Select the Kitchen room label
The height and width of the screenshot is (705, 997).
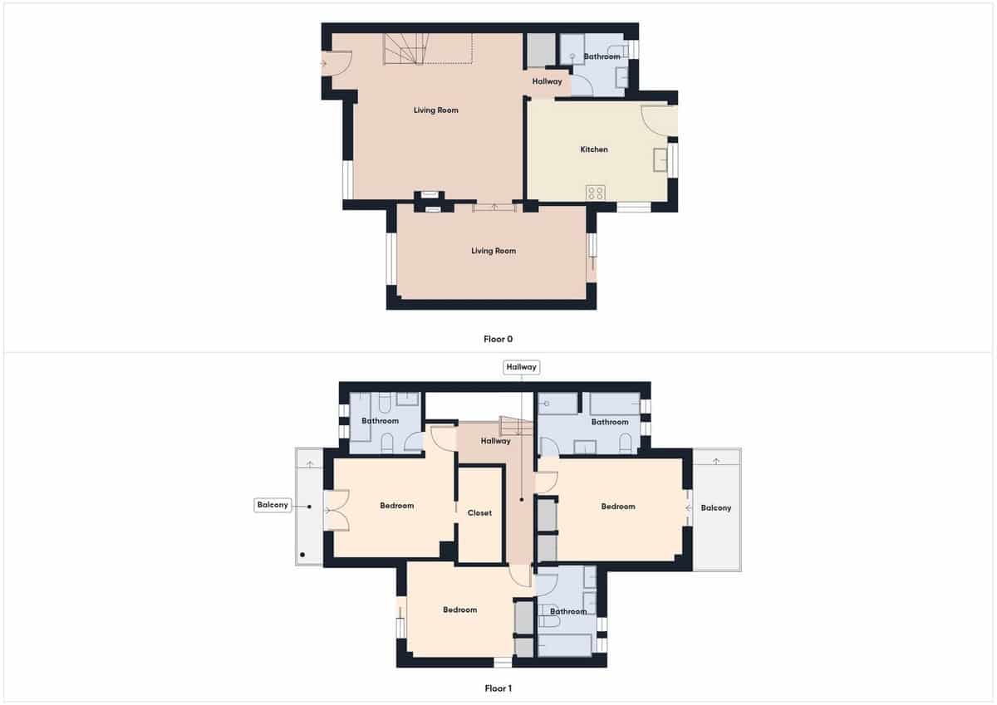pyautogui.click(x=594, y=149)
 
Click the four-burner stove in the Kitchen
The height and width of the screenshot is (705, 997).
pyautogui.click(x=595, y=193)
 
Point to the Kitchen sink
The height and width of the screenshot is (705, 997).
pyautogui.click(x=661, y=159)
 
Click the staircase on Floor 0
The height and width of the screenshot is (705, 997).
pyautogui.click(x=407, y=50)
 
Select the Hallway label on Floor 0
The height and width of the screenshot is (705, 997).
pyautogui.click(x=547, y=81)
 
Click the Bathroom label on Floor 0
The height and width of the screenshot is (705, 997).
pyautogui.click(x=602, y=56)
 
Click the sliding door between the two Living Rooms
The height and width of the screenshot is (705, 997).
pyautogui.click(x=494, y=207)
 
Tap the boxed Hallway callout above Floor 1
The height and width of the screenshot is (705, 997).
pyautogui.click(x=521, y=366)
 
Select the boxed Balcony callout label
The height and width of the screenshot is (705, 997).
pyautogui.click(x=273, y=505)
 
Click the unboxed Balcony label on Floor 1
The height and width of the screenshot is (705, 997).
pyautogui.click(x=715, y=507)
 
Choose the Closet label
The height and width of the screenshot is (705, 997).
pyautogui.click(x=479, y=513)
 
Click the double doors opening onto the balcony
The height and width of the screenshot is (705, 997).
pyautogui.click(x=336, y=510)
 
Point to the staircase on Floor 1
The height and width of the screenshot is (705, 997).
pyautogui.click(x=514, y=426)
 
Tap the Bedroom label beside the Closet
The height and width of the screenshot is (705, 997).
pyautogui.click(x=396, y=506)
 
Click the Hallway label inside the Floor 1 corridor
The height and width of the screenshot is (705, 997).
pyautogui.click(x=495, y=441)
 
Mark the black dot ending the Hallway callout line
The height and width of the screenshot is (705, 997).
pyautogui.click(x=522, y=500)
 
